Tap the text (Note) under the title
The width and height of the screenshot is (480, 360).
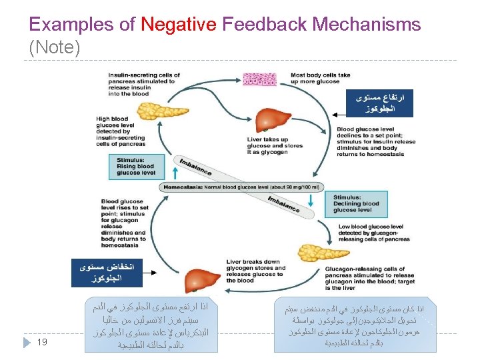click(x=55, y=48)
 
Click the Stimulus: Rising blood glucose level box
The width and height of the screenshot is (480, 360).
click(x=137, y=167)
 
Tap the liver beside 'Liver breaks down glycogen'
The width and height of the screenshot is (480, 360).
click(x=203, y=279)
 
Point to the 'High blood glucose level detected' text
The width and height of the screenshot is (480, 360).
click(x=121, y=131)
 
